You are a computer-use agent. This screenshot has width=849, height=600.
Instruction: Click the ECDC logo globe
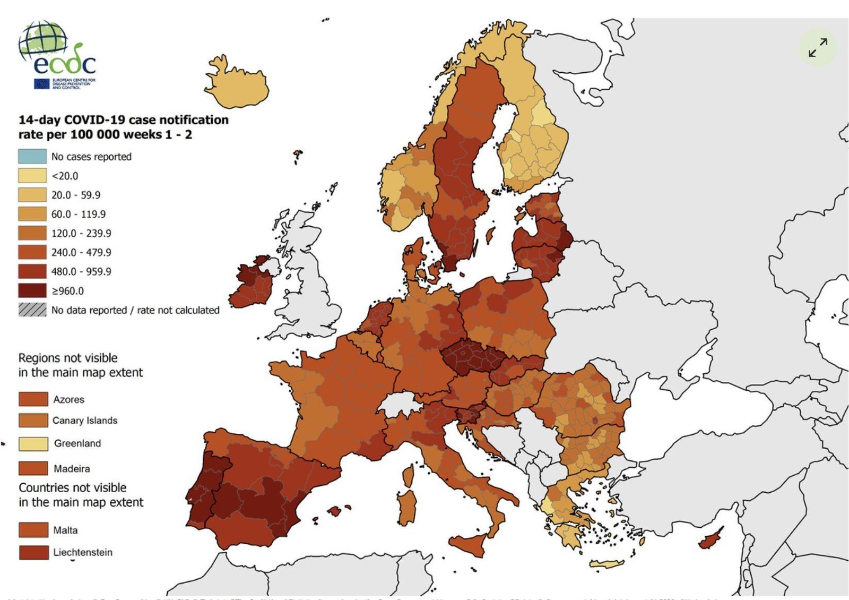pyautogui.click(x=42, y=40)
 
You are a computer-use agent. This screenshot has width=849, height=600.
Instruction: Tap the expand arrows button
pyautogui.click(x=818, y=47)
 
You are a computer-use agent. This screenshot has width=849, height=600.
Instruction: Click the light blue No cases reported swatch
pyautogui.click(x=32, y=157)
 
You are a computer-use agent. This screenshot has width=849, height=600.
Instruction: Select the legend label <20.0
pyautogui.click(x=65, y=176)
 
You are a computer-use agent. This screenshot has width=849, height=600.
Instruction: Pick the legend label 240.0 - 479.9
pyautogui.click(x=81, y=252)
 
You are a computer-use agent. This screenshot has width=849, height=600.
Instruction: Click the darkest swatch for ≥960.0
pyautogui.click(x=32, y=290)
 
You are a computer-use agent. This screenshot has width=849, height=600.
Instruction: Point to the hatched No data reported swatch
pyautogui.click(x=32, y=310)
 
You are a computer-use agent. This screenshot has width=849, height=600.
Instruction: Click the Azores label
pyautogui.click(x=68, y=399)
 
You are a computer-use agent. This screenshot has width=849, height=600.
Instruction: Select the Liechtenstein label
pyautogui.click(x=83, y=552)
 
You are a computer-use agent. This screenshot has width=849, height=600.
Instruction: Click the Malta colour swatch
pyautogui.click(x=33, y=530)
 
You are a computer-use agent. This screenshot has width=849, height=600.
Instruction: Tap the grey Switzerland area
pyautogui.click(x=401, y=404)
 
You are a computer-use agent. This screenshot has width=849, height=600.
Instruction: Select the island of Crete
pyautogui.click(x=607, y=564)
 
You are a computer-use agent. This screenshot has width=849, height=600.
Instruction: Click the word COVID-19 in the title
pyautogui.click(x=94, y=120)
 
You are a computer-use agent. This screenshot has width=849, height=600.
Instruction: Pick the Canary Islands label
pyautogui.click(x=84, y=421)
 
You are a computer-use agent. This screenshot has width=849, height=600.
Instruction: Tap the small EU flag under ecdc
pyautogui.click(x=41, y=84)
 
